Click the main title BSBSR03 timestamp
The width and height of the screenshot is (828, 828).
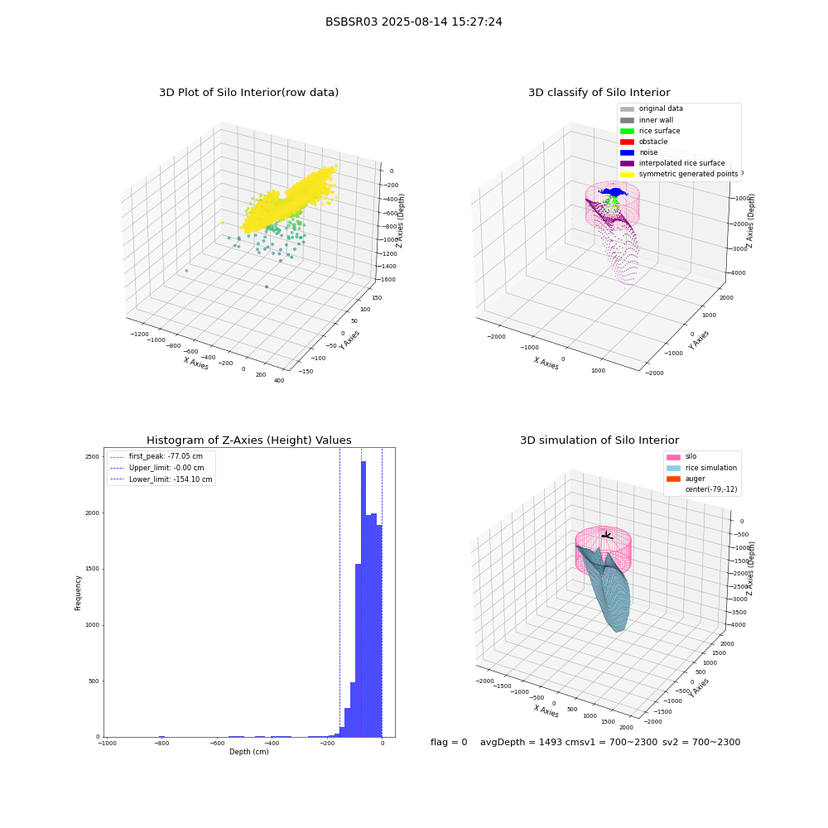tap(413, 22)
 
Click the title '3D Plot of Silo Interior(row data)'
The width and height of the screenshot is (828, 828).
tap(248, 93)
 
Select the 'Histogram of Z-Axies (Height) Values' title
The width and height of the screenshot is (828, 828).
tap(248, 440)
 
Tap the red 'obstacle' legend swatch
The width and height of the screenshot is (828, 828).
tap(627, 142)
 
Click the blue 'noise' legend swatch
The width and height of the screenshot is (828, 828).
tap(627, 152)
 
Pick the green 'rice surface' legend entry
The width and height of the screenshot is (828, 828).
tap(650, 131)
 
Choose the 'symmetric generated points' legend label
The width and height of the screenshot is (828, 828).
tap(688, 174)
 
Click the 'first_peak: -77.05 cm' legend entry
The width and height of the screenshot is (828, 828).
tap(156, 456)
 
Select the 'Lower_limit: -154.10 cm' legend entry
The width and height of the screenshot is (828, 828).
tap(161, 479)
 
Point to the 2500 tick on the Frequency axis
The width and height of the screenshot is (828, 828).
tap(92, 457)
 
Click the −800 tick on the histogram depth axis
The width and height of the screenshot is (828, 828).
tap(162, 743)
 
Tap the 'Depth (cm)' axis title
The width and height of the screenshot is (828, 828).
tap(248, 752)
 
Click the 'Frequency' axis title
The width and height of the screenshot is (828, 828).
tap(78, 593)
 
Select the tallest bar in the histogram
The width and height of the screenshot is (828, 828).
tap(363, 599)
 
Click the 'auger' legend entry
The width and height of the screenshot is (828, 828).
tap(686, 479)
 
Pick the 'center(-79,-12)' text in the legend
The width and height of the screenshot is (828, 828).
tap(711, 489)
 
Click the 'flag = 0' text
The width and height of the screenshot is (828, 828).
tap(449, 743)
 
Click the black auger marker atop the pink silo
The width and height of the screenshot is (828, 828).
tap(607, 536)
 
